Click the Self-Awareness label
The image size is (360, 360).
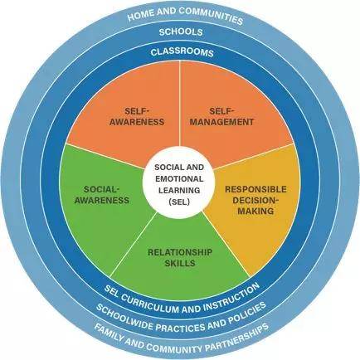tap(137, 116)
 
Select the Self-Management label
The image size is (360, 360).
tap(221, 116)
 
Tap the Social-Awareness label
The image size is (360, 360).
tap(102, 195)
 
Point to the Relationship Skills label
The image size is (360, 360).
tap(180, 257)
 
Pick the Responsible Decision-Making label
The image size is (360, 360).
tap(255, 200)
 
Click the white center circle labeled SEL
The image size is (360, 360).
tap(179, 184)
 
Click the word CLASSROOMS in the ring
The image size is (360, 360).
tap(182, 52)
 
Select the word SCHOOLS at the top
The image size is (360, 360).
tap(181, 32)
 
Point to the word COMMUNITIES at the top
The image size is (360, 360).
tap(211, 16)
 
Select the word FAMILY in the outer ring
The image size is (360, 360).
tap(109, 333)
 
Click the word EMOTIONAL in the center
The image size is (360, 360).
tap(179, 178)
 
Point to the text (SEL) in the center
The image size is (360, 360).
tap(179, 202)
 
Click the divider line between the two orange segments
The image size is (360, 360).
tap(180, 103)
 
